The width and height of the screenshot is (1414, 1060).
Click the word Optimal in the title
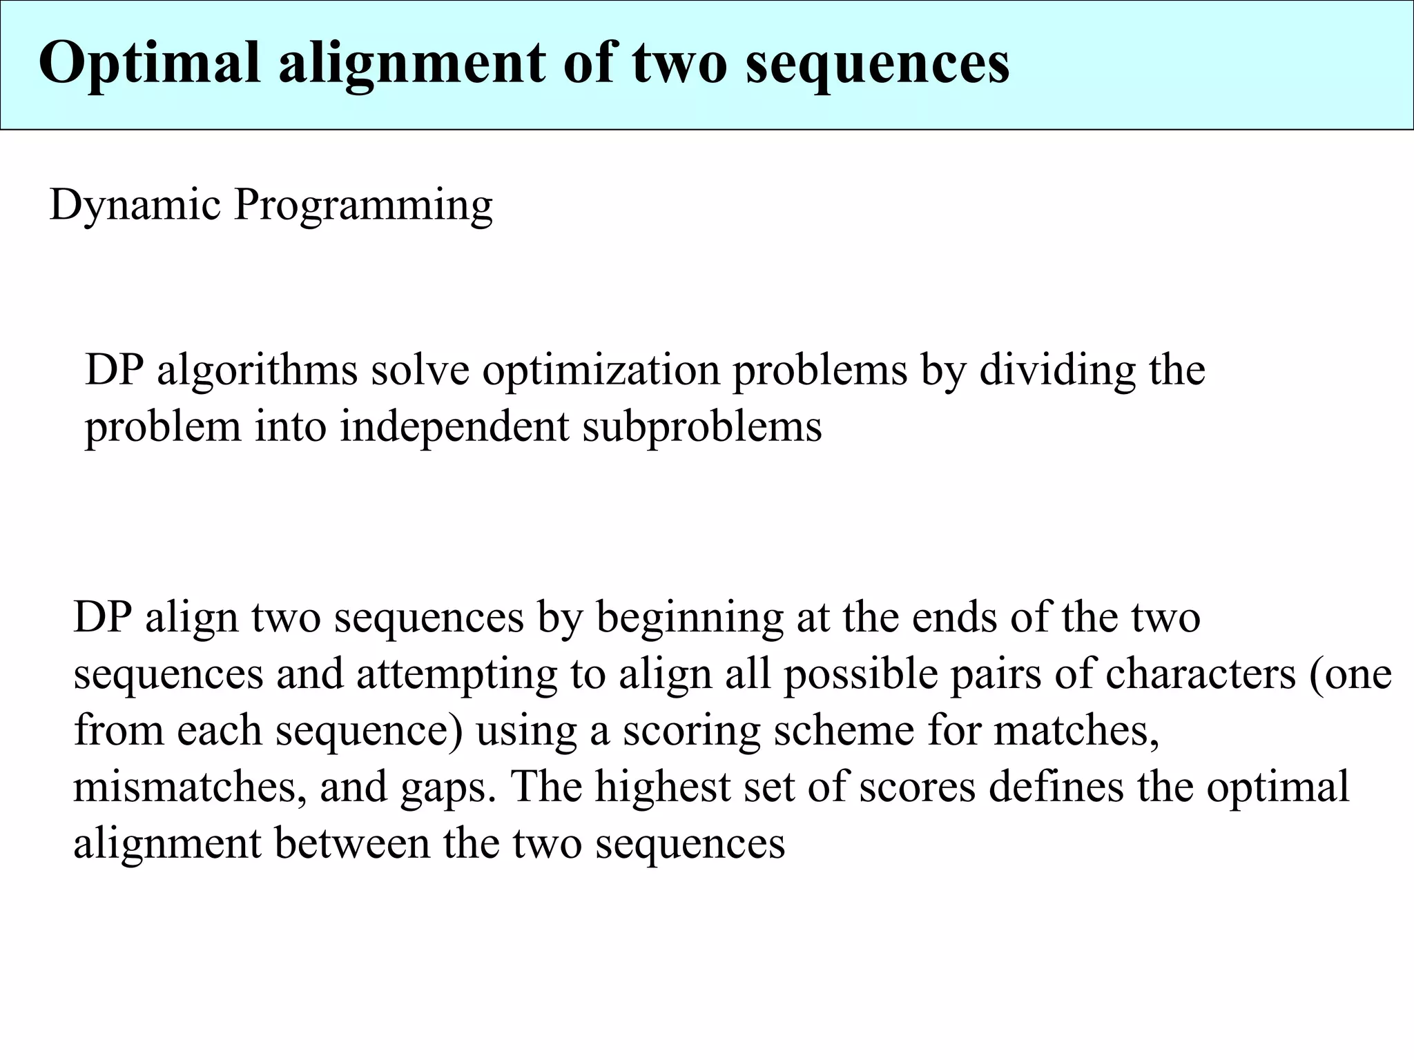tap(149, 63)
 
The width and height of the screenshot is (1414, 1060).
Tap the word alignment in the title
tap(411, 63)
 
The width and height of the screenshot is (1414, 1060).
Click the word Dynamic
tap(135, 206)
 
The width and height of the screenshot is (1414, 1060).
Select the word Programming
tap(363, 206)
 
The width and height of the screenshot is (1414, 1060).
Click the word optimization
tap(601, 370)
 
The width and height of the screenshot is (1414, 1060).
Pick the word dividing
tap(1057, 370)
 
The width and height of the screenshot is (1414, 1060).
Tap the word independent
tap(454, 426)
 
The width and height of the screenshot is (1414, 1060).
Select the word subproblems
tap(702, 426)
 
